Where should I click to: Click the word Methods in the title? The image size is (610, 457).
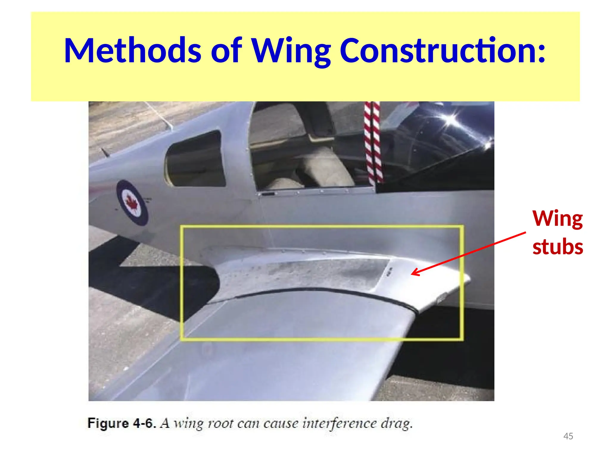coord(133,51)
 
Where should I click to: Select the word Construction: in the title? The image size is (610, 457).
coord(443,51)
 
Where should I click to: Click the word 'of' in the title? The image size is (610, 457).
coord(226,51)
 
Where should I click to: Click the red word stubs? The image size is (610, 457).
coord(558,247)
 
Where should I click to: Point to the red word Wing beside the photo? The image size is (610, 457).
coord(558,219)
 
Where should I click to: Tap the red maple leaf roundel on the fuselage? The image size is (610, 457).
coord(132,202)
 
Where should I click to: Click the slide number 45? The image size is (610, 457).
coord(568,436)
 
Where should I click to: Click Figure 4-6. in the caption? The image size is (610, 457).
coord(122,423)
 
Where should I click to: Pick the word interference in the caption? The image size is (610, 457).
coord(339,423)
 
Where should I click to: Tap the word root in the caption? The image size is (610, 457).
coord(220,423)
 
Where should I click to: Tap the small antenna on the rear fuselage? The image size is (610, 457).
coord(105,153)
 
